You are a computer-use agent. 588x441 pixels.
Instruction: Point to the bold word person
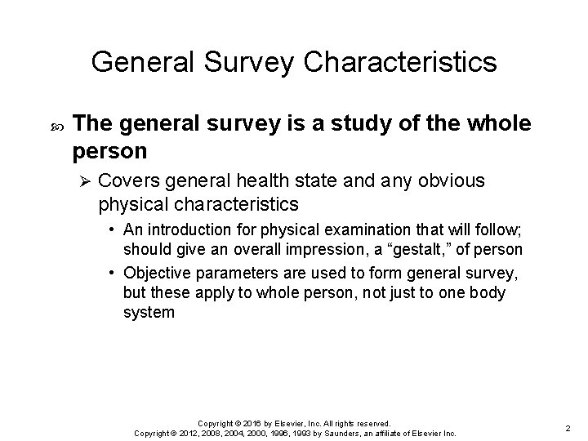[x=109, y=151]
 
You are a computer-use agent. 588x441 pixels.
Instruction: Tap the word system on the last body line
[x=149, y=313]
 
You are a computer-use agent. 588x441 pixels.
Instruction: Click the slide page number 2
[x=567, y=426]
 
